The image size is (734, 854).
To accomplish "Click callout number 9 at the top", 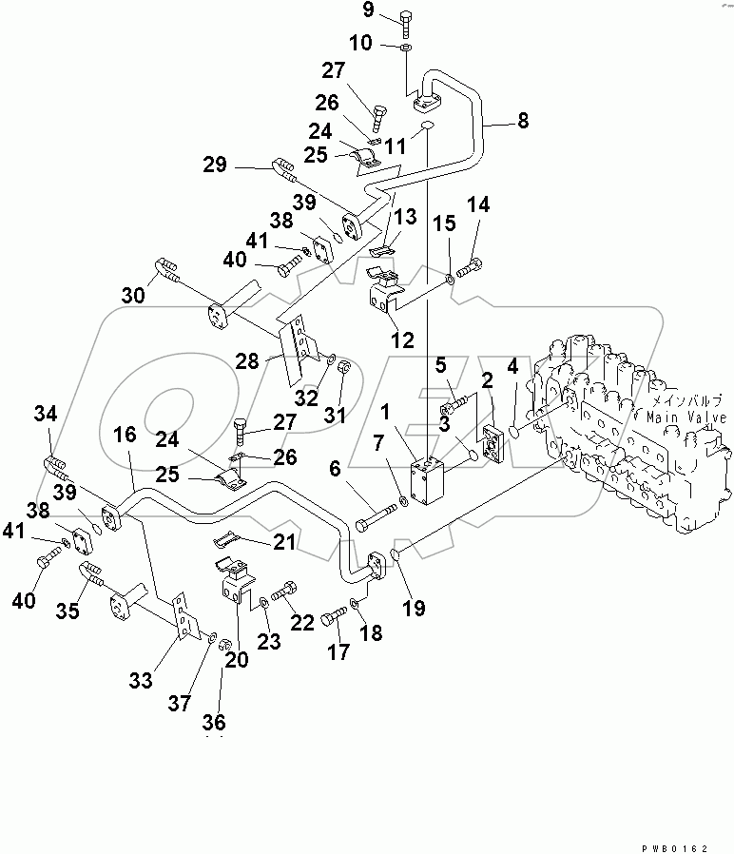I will [x=368, y=12].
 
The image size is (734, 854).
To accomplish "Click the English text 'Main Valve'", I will [x=686, y=417].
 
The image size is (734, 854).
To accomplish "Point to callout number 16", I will [x=125, y=436].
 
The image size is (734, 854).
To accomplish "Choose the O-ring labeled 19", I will [x=396, y=556].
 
